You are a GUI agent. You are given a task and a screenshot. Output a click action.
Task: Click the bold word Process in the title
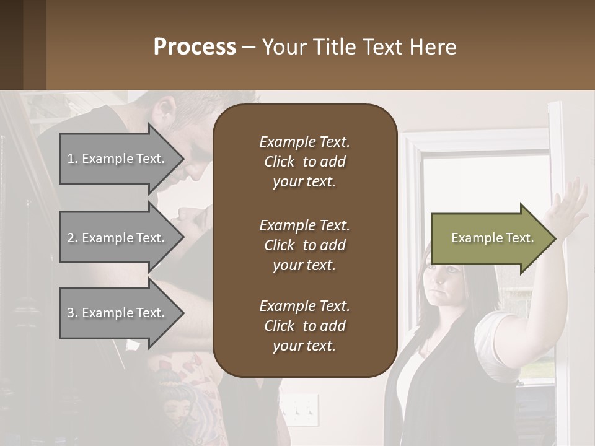195,47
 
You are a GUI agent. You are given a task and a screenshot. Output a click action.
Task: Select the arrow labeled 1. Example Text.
118,159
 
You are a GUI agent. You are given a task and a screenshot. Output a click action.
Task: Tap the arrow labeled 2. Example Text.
118,238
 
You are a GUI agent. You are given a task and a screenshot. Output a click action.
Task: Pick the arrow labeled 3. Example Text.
118,313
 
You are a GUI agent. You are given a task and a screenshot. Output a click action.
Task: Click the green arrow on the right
490,238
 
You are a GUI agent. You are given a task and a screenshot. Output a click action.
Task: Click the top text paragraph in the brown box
304,162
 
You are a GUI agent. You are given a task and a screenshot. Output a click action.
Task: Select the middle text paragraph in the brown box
304,245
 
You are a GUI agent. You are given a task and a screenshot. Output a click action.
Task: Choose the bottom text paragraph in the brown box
304,326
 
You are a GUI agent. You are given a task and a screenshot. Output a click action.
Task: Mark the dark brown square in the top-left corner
23,45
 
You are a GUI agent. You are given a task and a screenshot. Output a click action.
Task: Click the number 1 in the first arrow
71,159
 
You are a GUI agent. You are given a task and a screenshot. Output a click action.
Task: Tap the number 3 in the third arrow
71,313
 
